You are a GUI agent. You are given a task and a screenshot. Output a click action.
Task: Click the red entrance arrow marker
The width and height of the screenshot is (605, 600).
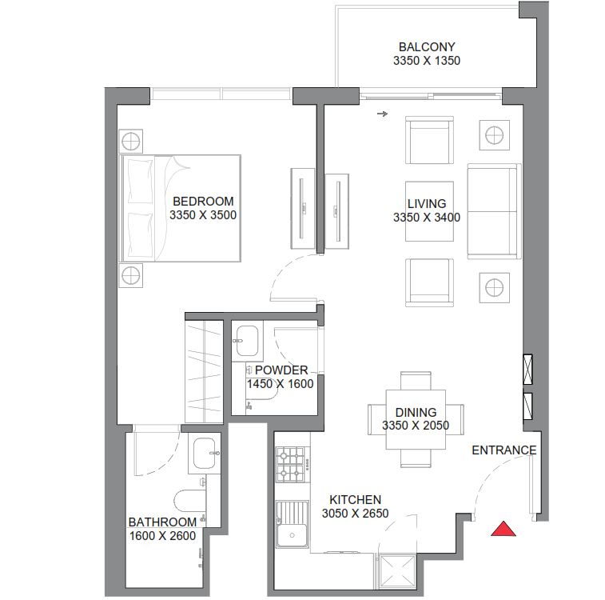click(x=503, y=529)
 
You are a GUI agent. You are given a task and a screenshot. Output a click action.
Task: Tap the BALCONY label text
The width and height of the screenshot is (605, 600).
click(x=426, y=47)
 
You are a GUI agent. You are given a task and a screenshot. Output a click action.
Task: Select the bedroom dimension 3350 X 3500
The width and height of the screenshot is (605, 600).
click(x=203, y=215)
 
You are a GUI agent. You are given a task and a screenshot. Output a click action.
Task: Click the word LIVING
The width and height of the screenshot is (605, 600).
click(x=426, y=204)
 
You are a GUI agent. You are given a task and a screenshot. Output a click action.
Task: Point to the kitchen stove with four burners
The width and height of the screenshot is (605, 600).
click(x=291, y=464)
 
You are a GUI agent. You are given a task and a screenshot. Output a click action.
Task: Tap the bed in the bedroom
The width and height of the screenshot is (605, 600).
click(x=181, y=208)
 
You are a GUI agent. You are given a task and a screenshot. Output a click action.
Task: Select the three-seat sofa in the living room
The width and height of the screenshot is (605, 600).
click(x=492, y=212)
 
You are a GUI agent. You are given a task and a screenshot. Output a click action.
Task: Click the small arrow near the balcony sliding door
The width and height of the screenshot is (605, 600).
click(x=382, y=114)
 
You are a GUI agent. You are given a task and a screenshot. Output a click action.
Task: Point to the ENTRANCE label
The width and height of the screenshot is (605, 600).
click(x=504, y=450)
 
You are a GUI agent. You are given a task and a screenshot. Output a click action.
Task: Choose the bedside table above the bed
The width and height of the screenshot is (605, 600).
click(x=132, y=141)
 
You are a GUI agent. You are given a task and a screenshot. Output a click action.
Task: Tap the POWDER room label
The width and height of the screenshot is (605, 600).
click(x=281, y=370)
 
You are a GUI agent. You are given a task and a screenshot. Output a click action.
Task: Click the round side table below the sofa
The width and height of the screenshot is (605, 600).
click(x=495, y=286)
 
